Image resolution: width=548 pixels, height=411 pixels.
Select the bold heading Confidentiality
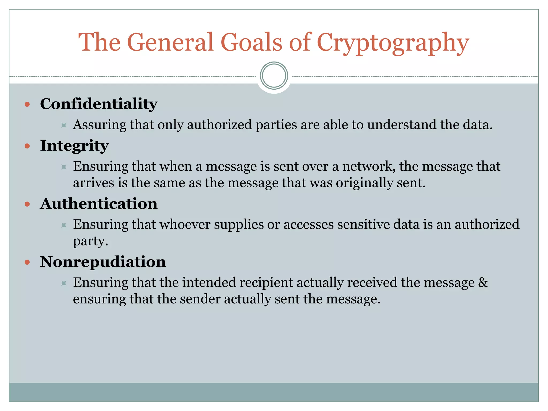99,104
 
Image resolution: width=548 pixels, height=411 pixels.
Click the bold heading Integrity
74,146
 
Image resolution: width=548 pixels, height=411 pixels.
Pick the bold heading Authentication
99,204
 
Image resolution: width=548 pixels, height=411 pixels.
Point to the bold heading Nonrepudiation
103,262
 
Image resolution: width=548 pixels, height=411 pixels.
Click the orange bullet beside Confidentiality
27,104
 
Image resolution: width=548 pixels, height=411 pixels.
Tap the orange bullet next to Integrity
27,146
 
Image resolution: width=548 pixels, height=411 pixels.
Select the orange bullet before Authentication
27,204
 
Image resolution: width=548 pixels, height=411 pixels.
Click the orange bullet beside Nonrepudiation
27,262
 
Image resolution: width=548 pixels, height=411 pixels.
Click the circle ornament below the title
274,76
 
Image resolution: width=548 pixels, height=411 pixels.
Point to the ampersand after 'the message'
483,283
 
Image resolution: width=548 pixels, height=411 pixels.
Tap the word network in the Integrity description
369,166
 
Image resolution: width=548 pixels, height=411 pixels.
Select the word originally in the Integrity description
364,183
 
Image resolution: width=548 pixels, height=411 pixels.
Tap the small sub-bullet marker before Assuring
64,125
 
